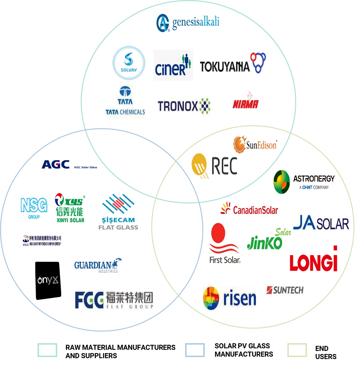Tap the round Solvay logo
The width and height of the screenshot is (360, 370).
(129, 63)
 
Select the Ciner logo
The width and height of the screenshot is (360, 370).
(173, 65)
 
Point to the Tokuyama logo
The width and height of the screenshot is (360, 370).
(233, 64)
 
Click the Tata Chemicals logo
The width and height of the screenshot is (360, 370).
(125, 102)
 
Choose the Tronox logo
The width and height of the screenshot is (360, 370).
(184, 106)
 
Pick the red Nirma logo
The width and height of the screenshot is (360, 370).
(246, 102)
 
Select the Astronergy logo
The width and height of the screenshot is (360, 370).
(304, 182)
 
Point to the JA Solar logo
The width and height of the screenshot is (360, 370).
(321, 223)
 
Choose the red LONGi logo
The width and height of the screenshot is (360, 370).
(314, 261)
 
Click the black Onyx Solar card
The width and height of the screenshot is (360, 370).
(48, 280)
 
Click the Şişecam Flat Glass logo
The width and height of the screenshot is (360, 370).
(118, 212)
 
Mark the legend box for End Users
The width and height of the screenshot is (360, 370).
(297, 350)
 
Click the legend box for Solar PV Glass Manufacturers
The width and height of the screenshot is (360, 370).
(195, 350)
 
